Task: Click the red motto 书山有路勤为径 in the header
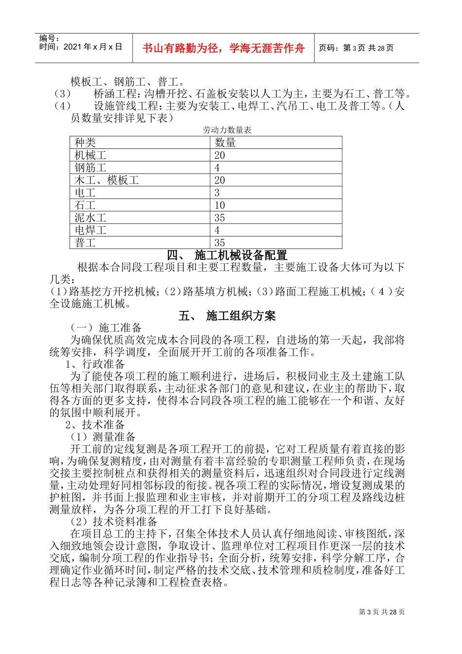click(x=223, y=48)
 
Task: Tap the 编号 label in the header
click(x=49, y=39)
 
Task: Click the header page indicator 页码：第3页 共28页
click(x=356, y=48)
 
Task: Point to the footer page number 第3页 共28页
click(x=381, y=612)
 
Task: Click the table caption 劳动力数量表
click(x=227, y=130)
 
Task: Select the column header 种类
click(x=85, y=143)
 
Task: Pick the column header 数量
click(x=225, y=143)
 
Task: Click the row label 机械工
click(x=90, y=155)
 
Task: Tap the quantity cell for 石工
click(x=220, y=205)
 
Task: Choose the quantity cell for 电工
click(x=217, y=193)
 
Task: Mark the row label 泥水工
click(x=90, y=218)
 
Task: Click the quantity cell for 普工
click(x=220, y=242)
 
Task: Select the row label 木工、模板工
click(x=107, y=180)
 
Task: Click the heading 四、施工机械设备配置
click(x=227, y=255)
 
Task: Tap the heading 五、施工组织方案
click(x=227, y=316)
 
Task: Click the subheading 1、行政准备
click(x=95, y=364)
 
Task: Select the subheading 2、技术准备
click(x=95, y=425)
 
